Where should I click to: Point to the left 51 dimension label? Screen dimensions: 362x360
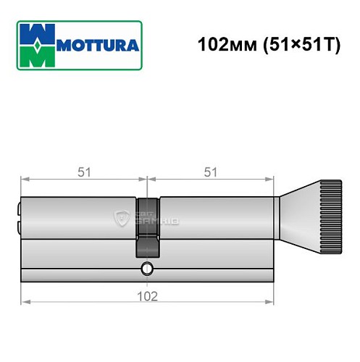click(x=83, y=172)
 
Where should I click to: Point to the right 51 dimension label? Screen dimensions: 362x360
click(x=211, y=172)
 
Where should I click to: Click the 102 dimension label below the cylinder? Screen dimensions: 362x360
click(x=148, y=295)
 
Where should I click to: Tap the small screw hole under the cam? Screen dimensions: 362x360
click(x=147, y=271)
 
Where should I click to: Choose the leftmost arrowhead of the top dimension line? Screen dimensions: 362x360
click(x=24, y=180)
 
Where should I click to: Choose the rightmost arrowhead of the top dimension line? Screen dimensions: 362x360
click(x=272, y=180)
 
